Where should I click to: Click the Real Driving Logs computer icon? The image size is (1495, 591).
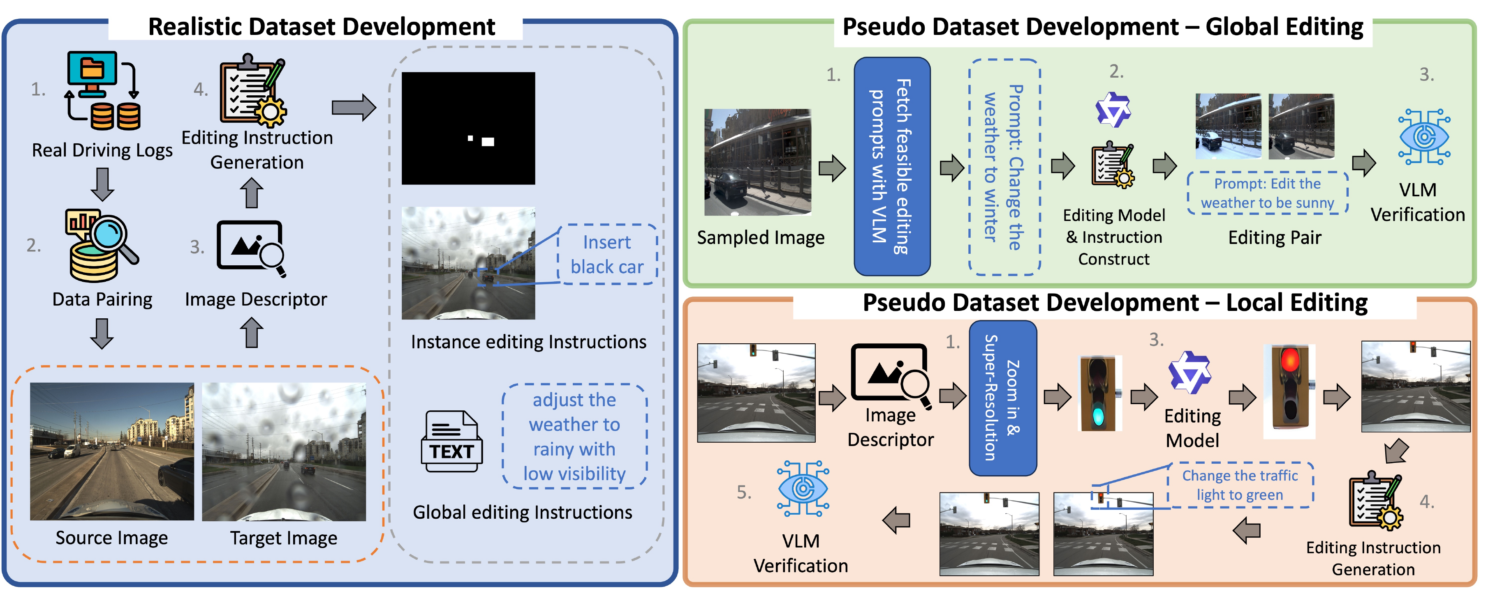102,90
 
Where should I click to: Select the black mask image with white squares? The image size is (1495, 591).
468,128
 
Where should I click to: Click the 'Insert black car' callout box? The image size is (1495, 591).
606,254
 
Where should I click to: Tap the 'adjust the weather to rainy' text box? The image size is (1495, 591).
574,436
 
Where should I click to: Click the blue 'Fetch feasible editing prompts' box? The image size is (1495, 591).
891,166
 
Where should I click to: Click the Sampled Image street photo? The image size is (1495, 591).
757,162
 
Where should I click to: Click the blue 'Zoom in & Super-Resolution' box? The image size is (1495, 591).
1002,398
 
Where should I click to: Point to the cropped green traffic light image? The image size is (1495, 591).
1099,393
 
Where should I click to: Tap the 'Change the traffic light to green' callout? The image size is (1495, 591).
1240,485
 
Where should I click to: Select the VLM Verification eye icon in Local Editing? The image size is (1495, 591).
802,488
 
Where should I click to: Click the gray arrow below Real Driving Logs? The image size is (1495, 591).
102,184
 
